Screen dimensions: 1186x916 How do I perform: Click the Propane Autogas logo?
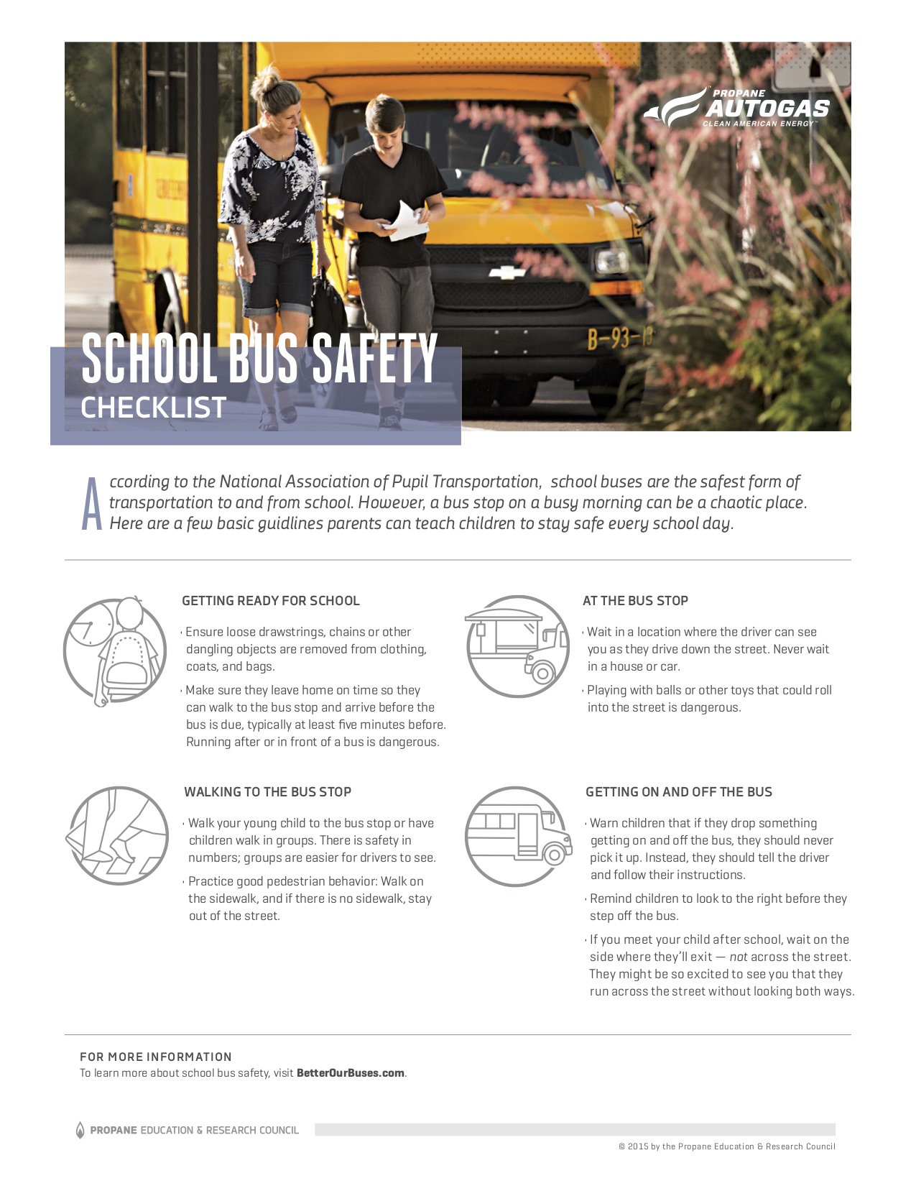[x=737, y=108]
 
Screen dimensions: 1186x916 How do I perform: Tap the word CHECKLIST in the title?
[x=154, y=408]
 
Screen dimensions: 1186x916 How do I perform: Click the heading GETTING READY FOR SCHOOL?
[x=271, y=601]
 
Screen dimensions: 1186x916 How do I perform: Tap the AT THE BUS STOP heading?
[x=635, y=601]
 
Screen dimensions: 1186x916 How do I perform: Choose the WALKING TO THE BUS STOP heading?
[x=267, y=792]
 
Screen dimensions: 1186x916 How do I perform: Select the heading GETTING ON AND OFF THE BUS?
[x=679, y=792]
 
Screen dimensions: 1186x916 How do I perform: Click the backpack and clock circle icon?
[x=115, y=650]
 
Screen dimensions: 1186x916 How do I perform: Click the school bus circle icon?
[x=517, y=836]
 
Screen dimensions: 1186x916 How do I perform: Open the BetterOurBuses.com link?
[x=351, y=1073]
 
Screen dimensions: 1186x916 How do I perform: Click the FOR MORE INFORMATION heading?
[x=156, y=1057]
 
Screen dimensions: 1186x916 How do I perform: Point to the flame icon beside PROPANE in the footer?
[x=80, y=1130]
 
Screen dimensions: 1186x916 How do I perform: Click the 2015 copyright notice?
[x=726, y=1146]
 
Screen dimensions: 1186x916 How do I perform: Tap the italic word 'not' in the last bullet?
[x=739, y=957]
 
